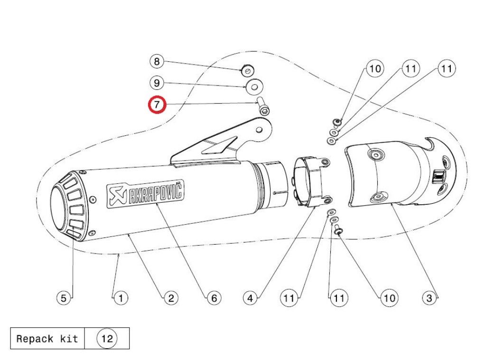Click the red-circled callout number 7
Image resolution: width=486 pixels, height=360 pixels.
click(x=157, y=104)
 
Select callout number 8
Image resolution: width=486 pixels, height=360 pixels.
click(x=157, y=62)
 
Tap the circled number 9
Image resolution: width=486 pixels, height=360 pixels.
click(x=157, y=83)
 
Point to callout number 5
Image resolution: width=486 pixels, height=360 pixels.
click(x=64, y=298)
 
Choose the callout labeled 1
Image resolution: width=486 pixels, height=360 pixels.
click(x=121, y=298)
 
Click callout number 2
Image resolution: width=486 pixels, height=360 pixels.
click(x=170, y=298)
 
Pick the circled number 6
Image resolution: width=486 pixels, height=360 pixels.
click(x=214, y=298)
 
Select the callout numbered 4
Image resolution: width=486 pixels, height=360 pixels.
click(x=251, y=298)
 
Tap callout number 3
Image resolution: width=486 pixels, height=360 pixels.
click(x=429, y=298)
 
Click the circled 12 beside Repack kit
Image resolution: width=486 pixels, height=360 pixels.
click(x=107, y=339)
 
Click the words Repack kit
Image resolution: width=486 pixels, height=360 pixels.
click(x=47, y=339)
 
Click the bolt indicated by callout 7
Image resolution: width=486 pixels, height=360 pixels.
click(x=263, y=107)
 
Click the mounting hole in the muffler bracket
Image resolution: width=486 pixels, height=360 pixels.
click(x=260, y=128)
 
